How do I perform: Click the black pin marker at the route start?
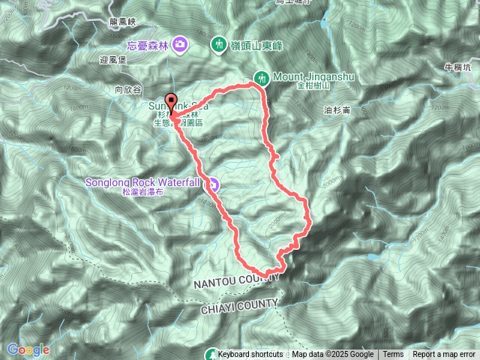click(x=171, y=103)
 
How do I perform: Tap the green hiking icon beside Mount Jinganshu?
click(x=262, y=76)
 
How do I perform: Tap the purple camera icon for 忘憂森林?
click(x=180, y=44)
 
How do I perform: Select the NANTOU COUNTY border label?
click(x=235, y=280)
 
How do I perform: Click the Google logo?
click(x=28, y=349)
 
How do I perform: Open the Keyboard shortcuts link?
click(x=250, y=355)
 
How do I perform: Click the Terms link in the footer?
click(x=393, y=355)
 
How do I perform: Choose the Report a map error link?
click(x=445, y=355)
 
